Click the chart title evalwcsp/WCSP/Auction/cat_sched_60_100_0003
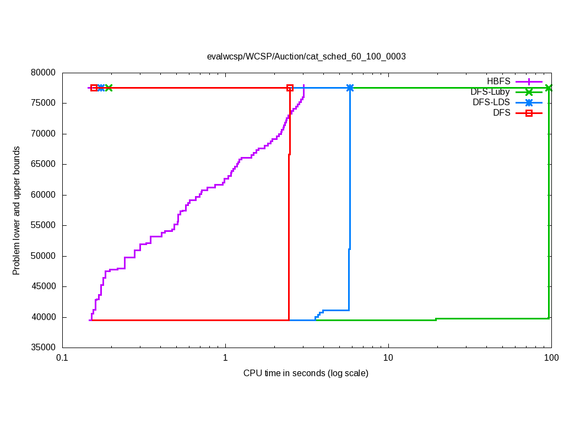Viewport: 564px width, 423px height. tap(306, 56)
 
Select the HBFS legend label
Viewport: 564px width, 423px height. tap(498, 82)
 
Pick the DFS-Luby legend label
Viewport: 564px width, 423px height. tap(490, 92)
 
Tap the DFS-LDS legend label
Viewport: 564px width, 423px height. tap(491, 102)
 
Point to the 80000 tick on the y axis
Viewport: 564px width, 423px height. tap(44, 73)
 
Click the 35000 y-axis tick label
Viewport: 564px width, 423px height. tap(44, 348)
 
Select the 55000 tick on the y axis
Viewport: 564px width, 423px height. tap(44, 225)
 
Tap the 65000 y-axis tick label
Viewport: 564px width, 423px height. tap(44, 164)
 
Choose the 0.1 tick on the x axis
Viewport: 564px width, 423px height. tap(62, 358)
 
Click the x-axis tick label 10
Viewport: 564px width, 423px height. tap(388, 358)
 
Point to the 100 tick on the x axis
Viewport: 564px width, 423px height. tap(551, 358)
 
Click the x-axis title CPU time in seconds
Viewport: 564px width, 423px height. tap(306, 373)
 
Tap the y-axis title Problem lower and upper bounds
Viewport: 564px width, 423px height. tap(17, 210)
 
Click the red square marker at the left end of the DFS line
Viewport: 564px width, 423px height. tap(94, 88)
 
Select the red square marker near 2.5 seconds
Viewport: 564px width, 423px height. tap(290, 88)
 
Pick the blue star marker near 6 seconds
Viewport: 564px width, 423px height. tap(350, 88)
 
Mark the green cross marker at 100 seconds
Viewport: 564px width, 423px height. tap(549, 88)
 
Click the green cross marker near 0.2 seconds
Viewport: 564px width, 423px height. tap(109, 88)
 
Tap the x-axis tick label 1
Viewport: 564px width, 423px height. tap(225, 358)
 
